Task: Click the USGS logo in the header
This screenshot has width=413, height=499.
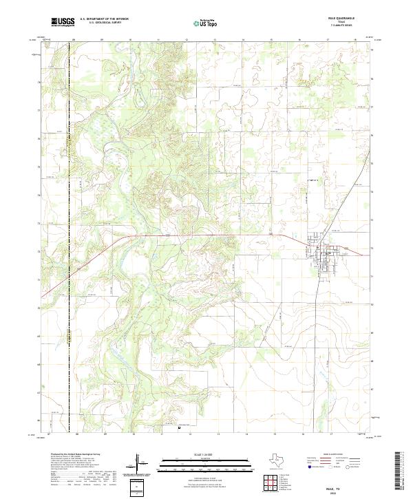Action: pos(63,23)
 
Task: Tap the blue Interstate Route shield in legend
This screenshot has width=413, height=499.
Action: pos(308,467)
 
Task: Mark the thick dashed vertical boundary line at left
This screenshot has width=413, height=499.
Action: pos(70,275)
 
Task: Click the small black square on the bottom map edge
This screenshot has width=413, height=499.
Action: pos(179,428)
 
